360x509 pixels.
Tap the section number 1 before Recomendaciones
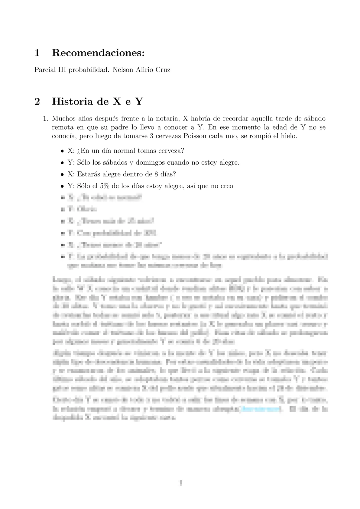pos(37,53)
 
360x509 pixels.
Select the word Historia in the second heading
pos(73,102)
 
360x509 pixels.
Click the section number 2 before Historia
pos(37,102)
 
